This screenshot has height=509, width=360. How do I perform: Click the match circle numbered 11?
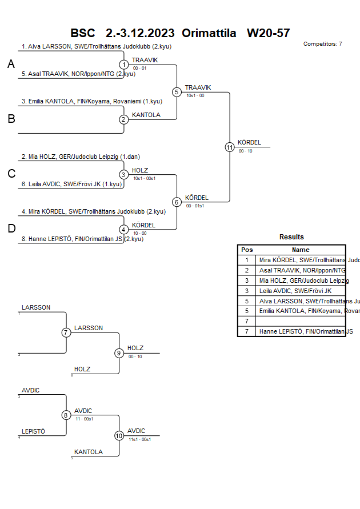coord(230,147)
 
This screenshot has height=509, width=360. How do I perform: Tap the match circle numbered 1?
coord(124,65)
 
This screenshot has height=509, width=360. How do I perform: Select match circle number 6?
coord(177,202)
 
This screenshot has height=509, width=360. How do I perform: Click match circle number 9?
coord(119,352)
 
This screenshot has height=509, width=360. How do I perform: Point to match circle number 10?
coord(119,435)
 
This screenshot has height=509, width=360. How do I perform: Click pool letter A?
coord(11,65)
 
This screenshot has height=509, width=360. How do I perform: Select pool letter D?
coord(11,229)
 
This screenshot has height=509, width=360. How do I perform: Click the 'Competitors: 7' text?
coord(323,44)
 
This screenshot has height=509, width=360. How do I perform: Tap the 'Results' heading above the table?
coord(291,237)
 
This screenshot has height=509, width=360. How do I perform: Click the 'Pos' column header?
coord(247,250)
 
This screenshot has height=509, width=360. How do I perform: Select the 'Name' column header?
coord(301,250)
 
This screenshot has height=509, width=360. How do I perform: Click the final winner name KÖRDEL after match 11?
coord(249,142)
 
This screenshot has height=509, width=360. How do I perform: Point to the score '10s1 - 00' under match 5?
coord(195,95)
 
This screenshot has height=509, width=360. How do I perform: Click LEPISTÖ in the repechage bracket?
coord(33,431)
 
